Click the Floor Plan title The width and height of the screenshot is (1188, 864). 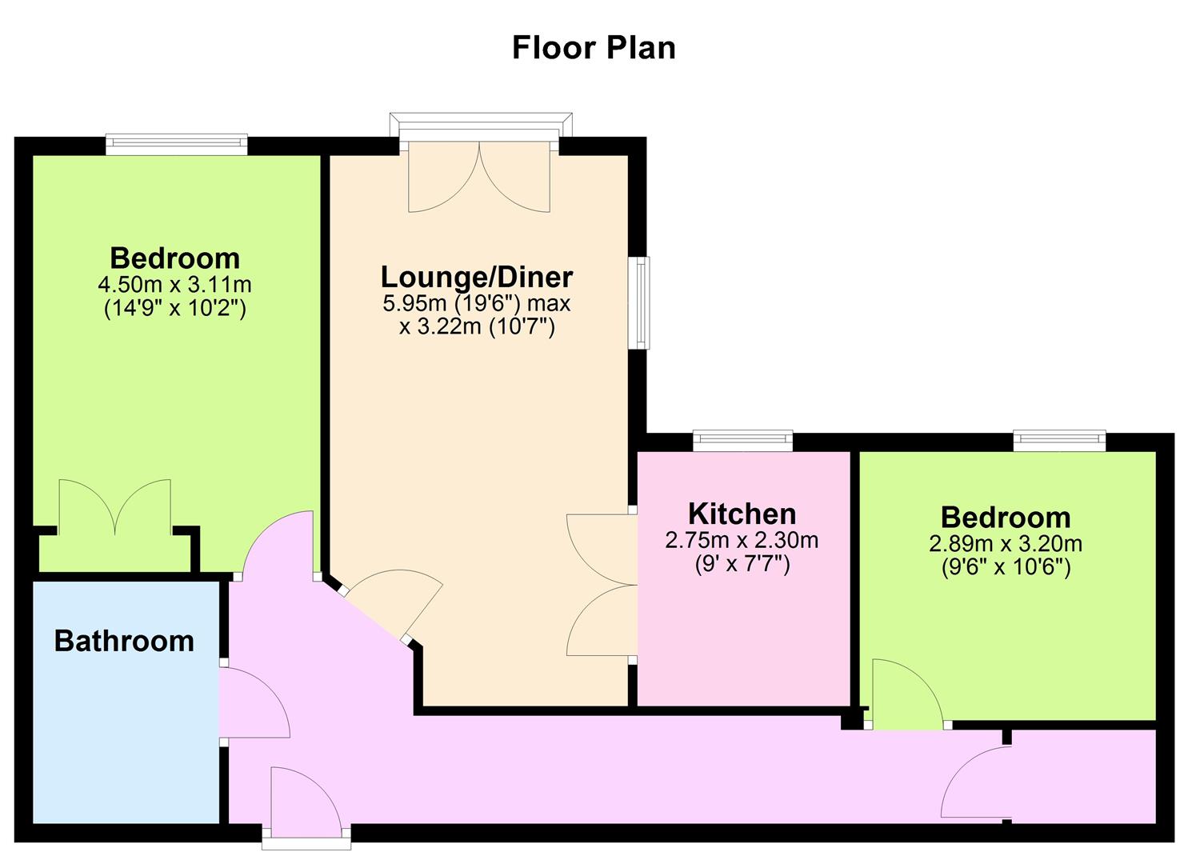[x=594, y=48]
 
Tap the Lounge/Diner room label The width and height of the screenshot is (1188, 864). [x=476, y=277]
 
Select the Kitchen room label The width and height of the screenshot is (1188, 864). [x=742, y=514]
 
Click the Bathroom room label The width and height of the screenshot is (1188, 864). [x=124, y=641]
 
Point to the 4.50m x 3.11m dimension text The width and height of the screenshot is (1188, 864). [x=174, y=285]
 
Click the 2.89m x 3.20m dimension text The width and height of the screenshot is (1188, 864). [x=1006, y=544]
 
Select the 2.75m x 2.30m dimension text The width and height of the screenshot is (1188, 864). [x=742, y=540]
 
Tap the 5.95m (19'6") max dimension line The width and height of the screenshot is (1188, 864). [x=476, y=304]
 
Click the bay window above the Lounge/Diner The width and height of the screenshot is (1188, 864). [x=481, y=127]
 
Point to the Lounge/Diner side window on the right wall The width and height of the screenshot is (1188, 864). [x=639, y=303]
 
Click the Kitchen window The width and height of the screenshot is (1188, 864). [x=743, y=440]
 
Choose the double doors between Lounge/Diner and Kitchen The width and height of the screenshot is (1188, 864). [x=602, y=585]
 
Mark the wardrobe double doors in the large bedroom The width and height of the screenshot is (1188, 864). [x=115, y=507]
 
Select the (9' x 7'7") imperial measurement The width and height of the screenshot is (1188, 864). [x=742, y=564]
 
